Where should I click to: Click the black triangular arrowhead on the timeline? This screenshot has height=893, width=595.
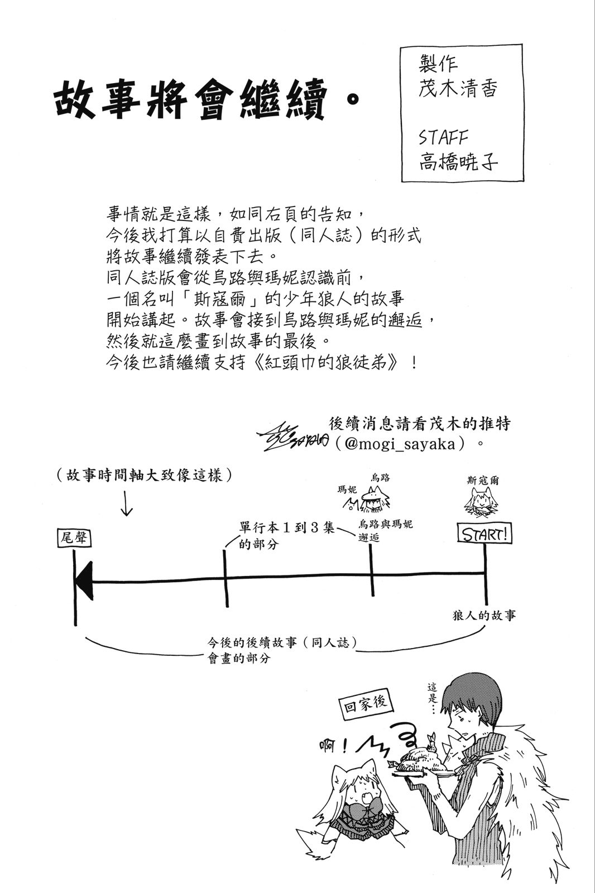point(84,582)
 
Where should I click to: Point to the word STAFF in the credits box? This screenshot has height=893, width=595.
point(443,137)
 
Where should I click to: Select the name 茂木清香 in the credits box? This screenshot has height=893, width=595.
point(457,89)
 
